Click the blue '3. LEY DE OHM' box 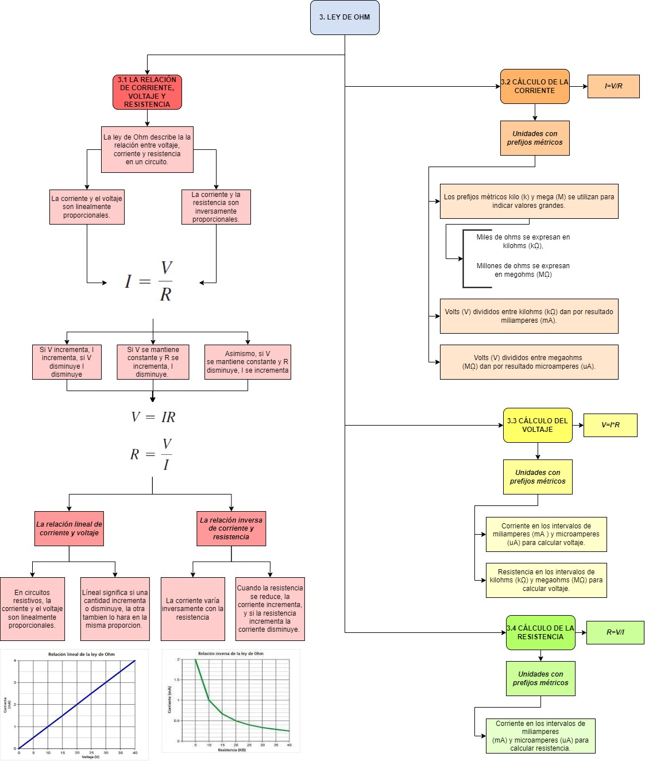point(345,17)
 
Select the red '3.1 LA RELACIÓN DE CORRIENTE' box point(147,92)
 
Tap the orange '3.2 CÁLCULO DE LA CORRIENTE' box point(534,86)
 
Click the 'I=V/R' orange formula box point(613,86)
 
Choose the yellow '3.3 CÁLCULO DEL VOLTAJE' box point(537,425)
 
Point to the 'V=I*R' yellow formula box point(610,425)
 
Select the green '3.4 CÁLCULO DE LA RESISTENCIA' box point(540,632)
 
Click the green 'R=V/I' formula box point(615,632)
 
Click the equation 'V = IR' point(153,417)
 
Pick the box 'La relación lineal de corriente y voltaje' point(69,528)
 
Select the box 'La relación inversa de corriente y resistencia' point(231,528)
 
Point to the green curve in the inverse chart point(209,700)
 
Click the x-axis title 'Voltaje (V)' point(90,757)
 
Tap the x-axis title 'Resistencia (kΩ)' point(231,750)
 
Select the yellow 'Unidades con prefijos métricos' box point(537,477)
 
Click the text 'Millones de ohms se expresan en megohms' point(523,270)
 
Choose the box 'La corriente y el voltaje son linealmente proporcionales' point(87,207)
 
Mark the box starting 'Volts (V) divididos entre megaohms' point(528,362)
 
